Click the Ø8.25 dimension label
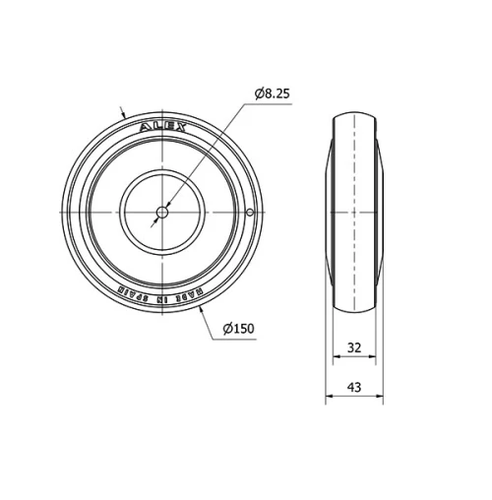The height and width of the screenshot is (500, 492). [272, 94]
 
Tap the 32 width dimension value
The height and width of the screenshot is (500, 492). [354, 347]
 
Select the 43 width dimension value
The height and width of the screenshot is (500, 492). [354, 387]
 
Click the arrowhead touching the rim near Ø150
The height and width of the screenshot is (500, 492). [200, 309]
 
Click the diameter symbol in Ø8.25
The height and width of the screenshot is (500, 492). [258, 94]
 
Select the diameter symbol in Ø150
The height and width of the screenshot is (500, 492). [226, 328]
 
